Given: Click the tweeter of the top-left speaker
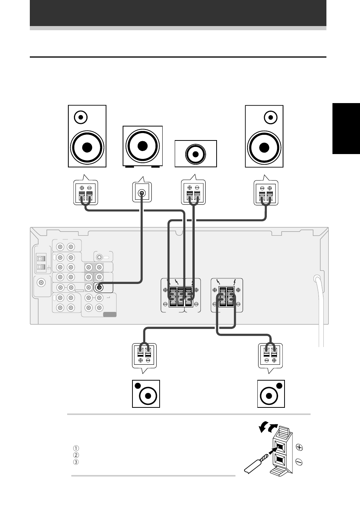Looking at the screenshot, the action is (x=81, y=117).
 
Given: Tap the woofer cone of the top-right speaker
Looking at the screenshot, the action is (x=264, y=148).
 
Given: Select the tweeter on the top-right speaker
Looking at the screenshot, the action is (x=271, y=117).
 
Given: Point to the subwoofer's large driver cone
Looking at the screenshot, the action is (x=142, y=146).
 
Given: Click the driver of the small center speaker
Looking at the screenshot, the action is (x=195, y=154).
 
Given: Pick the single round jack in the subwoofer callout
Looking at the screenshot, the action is (x=142, y=193).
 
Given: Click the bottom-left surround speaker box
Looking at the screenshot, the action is (x=146, y=394).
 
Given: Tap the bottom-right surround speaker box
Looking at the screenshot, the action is (x=271, y=394).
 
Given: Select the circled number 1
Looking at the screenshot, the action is (x=76, y=448).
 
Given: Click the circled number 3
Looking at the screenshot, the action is (x=76, y=462).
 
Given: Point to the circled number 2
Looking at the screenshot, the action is (x=76, y=455).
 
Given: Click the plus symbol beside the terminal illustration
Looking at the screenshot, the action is (x=299, y=447).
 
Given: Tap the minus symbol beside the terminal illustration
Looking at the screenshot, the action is (x=299, y=462).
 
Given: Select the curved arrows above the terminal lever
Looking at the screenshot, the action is (x=268, y=428).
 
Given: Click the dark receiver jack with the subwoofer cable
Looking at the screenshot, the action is (x=99, y=287).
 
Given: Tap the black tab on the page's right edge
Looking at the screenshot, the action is (x=346, y=129).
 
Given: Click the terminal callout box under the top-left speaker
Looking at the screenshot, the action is (x=86, y=193).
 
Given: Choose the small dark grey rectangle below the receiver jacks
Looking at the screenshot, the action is (x=110, y=315).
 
